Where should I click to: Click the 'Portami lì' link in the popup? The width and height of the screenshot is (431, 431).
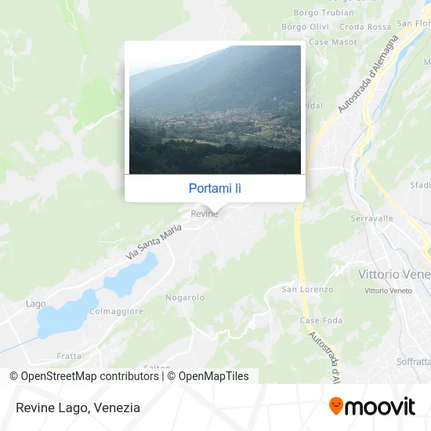[x=215, y=188]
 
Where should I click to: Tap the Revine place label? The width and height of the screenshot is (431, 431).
[x=204, y=212]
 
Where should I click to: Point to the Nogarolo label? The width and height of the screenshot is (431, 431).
[x=185, y=298]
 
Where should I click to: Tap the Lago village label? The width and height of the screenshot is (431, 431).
[x=35, y=304]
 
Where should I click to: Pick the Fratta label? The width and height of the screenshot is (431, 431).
[x=69, y=356]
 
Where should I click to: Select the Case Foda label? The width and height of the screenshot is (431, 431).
[x=321, y=321]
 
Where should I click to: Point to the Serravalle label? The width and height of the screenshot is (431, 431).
[x=371, y=219]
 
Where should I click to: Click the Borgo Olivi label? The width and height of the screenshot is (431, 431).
[x=305, y=27]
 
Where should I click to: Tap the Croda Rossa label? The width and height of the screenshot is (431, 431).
[x=365, y=27]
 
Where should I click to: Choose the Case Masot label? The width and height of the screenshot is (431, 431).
[x=332, y=42]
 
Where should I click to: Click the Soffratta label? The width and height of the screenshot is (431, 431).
[x=413, y=361]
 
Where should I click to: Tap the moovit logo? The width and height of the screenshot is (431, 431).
[x=372, y=407]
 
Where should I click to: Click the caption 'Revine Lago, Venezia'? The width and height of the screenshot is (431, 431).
[x=77, y=407]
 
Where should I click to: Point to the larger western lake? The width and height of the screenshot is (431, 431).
[x=67, y=314]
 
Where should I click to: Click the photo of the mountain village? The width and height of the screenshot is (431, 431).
[x=215, y=110]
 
